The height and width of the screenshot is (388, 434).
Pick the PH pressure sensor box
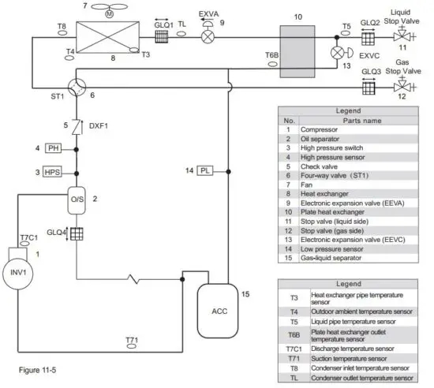point(54,147)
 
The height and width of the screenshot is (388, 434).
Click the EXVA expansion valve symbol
point(208,36)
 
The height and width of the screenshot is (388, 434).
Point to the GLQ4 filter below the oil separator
point(76,233)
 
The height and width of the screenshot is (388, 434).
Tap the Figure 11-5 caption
point(39,368)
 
